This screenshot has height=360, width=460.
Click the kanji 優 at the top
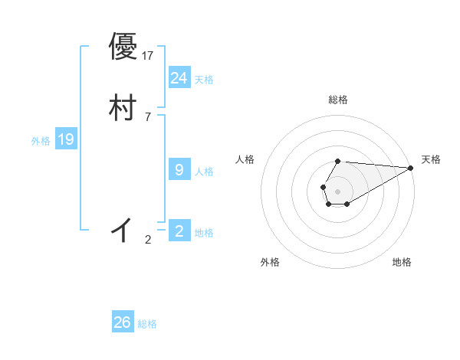(123, 47)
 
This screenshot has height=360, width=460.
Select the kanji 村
(123, 107)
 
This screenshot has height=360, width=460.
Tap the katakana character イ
(123, 229)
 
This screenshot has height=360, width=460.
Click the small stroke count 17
(149, 56)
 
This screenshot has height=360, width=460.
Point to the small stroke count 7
(148, 117)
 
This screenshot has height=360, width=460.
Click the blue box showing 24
(179, 78)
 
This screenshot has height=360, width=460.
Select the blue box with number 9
(179, 170)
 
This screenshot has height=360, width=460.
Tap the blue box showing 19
(66, 139)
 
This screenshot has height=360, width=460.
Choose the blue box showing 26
(123, 322)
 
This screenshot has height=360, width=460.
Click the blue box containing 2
(179, 231)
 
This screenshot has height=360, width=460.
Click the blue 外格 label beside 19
(41, 141)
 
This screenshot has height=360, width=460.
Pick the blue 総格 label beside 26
(148, 325)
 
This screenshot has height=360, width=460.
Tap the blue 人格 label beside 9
(205, 172)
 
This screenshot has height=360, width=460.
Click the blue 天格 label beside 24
(205, 80)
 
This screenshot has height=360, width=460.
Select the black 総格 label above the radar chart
(338, 100)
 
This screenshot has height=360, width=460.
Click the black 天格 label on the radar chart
(431, 159)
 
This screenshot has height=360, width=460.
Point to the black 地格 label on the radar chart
(402, 262)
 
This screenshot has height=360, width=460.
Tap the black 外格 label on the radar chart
(270, 262)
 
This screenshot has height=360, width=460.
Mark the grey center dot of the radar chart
(337, 190)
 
